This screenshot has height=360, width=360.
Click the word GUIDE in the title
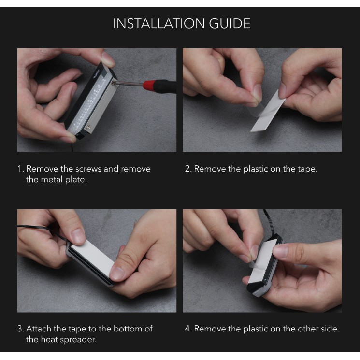(230, 23)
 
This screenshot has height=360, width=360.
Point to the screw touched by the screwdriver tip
(113, 83)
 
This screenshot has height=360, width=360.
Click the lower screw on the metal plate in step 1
(87, 126)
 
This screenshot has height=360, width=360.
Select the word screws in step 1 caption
(88, 169)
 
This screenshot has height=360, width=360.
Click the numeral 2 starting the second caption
(187, 169)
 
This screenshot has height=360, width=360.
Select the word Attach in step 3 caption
(39, 329)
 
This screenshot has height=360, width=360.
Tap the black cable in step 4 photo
(270, 222)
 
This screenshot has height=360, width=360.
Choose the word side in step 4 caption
(329, 329)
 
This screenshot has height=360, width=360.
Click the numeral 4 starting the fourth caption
(187, 329)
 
